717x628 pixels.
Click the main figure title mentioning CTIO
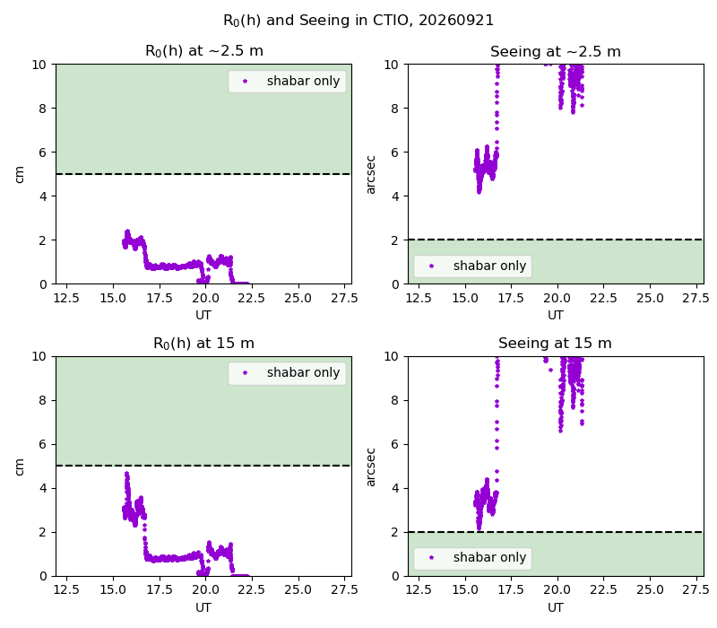tap(358, 21)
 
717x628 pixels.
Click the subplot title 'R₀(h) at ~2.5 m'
tap(204, 51)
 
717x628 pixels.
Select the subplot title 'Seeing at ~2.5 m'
tap(556, 51)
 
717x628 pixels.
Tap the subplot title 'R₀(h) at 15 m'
tap(204, 344)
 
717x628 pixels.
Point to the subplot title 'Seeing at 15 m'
tap(555, 344)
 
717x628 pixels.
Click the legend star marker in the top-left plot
tap(245, 82)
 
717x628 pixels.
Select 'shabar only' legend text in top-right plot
tap(489, 266)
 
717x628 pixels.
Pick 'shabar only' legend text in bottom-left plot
tap(303, 372)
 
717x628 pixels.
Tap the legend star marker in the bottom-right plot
tap(432, 557)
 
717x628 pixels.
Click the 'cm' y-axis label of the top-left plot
tap(19, 174)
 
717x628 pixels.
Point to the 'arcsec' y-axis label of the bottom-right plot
tap(371, 467)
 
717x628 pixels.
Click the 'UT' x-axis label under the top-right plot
tap(556, 316)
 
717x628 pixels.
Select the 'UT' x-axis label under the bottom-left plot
tap(203, 608)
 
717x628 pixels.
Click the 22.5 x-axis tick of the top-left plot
tap(252, 299)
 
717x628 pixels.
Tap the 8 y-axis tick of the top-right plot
tap(394, 109)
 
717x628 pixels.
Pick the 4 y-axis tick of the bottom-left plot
tap(42, 488)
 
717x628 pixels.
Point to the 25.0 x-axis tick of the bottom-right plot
tap(650, 590)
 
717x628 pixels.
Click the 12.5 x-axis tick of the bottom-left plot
tap(66, 590)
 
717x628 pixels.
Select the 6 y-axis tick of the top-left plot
tap(42, 153)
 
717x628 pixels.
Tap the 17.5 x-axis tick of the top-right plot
tap(511, 299)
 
